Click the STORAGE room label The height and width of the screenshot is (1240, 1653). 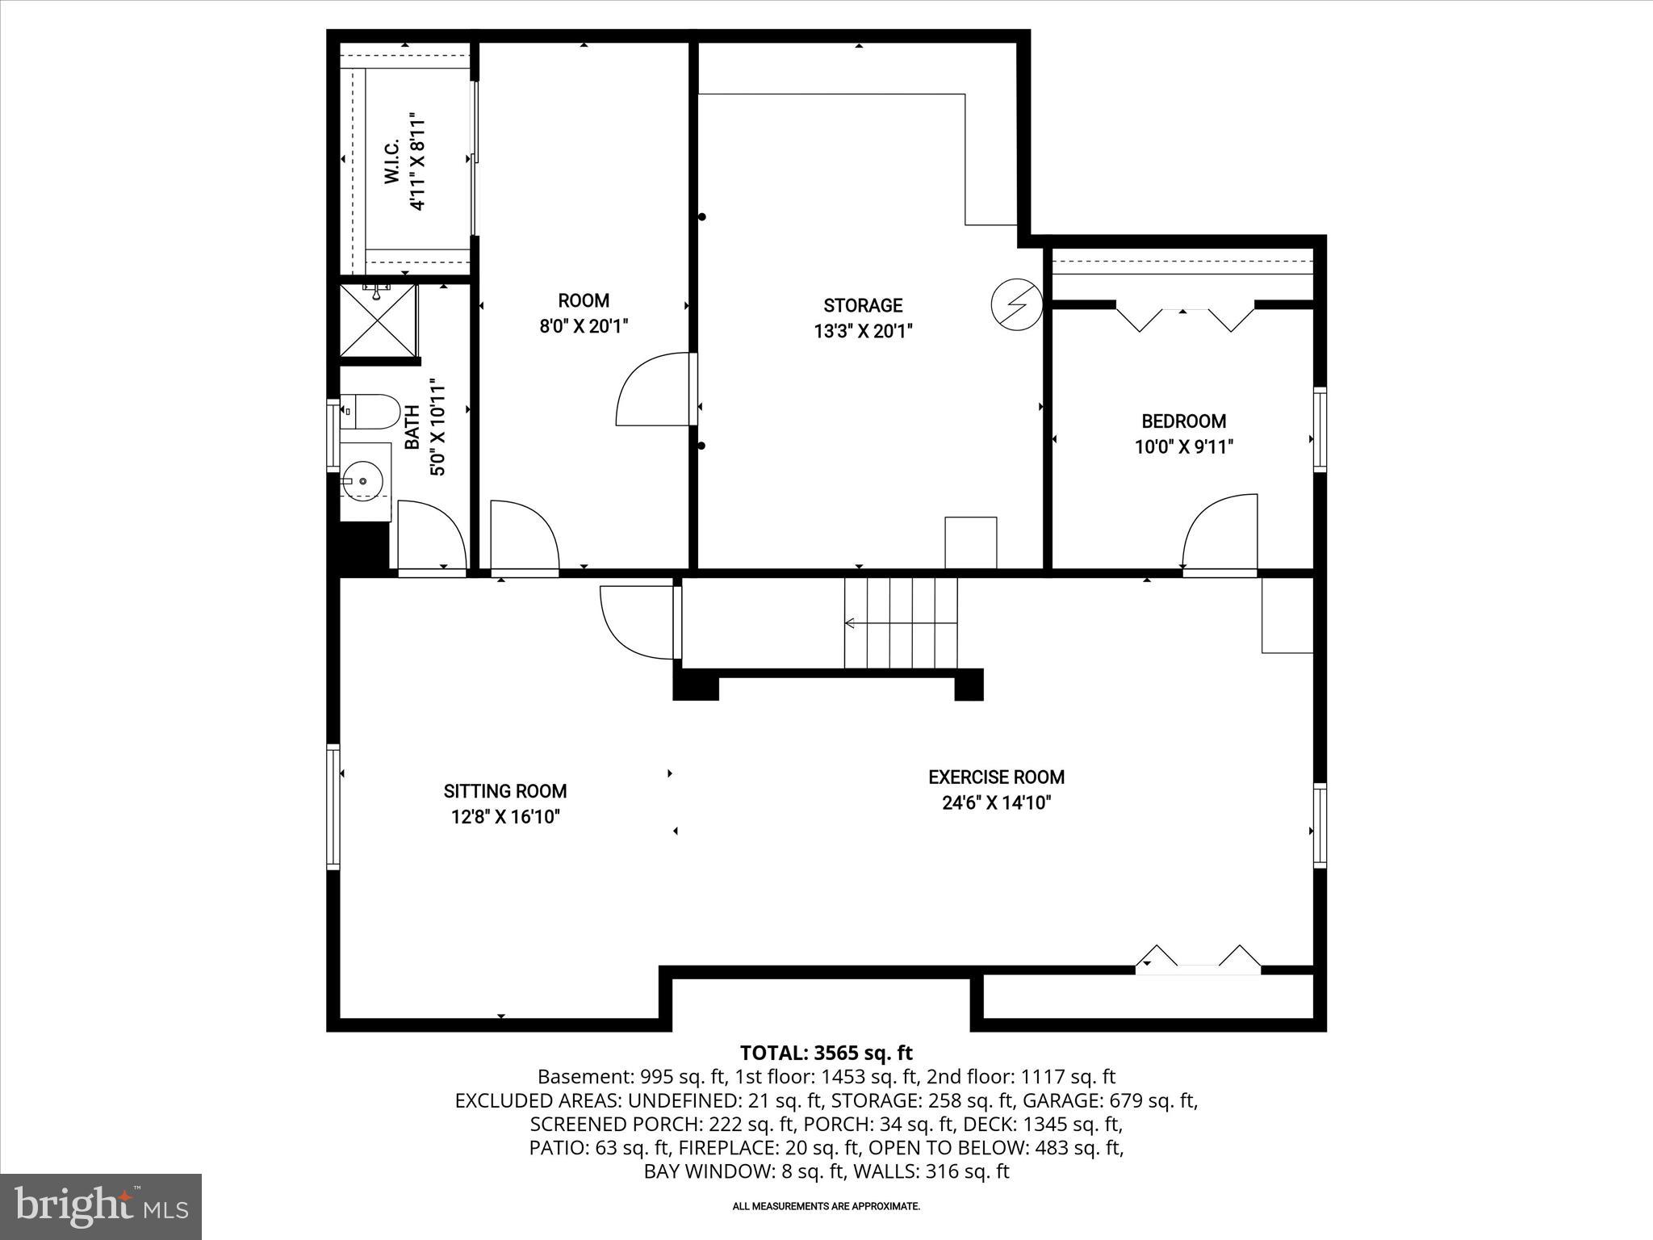(862, 305)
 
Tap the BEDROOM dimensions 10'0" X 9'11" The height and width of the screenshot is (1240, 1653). (1183, 446)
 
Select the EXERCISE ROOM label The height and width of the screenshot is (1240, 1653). (996, 777)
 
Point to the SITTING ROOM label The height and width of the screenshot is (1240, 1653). (505, 791)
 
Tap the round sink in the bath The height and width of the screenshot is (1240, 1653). (362, 481)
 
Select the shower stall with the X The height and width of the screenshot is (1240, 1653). (378, 320)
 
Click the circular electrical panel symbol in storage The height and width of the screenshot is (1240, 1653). (1016, 304)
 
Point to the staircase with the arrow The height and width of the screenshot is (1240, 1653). (900, 622)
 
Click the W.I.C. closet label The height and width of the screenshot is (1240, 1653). (392, 161)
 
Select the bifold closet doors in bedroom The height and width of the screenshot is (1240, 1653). (1184, 317)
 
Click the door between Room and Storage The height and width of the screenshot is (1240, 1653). (654, 389)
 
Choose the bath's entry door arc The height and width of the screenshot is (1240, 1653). (432, 536)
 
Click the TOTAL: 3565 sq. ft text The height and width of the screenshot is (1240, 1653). (826, 1053)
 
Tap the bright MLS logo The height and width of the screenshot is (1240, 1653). (101, 1206)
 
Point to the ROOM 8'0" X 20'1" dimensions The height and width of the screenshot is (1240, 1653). (584, 326)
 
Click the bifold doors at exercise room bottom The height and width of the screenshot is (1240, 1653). (1198, 958)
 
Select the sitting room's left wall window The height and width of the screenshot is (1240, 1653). (333, 806)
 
